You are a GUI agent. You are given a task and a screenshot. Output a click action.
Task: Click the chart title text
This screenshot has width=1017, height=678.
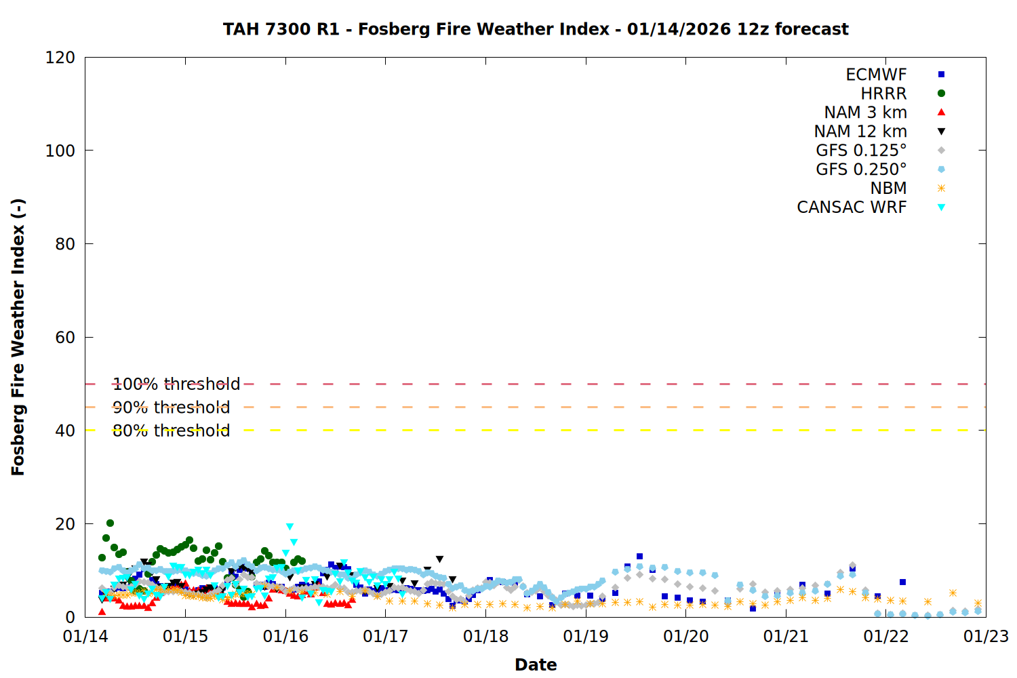pos(536,29)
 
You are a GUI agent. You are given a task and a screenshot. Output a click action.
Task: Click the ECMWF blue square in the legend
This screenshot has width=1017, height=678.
pos(941,75)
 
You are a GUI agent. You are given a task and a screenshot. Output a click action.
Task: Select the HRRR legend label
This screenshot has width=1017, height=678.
pos(883,94)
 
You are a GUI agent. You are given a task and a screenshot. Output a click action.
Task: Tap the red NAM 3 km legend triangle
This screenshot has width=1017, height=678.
pos(941,113)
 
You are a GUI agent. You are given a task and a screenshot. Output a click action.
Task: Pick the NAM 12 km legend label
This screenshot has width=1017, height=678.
pos(860,132)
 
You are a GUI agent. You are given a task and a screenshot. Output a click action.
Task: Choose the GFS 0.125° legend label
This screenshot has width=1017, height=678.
pos(861,151)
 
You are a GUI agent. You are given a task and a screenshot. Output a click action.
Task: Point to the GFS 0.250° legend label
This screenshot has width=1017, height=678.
pos(861,169)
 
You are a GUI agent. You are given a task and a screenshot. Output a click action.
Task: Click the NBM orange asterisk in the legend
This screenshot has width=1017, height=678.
pos(941,188)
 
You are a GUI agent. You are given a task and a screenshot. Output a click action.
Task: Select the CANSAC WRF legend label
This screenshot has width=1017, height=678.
pos(852,207)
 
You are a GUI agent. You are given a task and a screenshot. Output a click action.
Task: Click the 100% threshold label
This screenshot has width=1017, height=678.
pos(176,384)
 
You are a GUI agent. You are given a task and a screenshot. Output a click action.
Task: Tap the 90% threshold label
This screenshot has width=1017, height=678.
pos(171,407)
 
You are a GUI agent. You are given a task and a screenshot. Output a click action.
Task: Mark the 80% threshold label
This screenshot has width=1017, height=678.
pos(171,431)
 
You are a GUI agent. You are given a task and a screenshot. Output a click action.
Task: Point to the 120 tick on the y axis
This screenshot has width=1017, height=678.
pos(60,58)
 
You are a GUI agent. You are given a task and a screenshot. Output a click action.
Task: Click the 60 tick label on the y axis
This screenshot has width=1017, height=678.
pos(65,338)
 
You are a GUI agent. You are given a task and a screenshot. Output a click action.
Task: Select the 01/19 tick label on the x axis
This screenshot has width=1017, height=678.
pos(586,637)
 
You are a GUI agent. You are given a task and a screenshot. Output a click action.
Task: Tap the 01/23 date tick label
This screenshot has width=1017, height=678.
pos(986,637)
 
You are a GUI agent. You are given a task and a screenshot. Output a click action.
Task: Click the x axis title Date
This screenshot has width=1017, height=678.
pos(536,664)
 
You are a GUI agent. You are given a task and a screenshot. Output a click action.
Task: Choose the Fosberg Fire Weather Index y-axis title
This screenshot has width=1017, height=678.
pos(18,337)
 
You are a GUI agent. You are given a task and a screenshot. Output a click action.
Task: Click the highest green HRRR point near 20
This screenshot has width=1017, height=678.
pos(110,523)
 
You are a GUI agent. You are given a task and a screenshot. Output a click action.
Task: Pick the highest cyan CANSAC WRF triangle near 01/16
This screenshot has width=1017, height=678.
pos(290,527)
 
